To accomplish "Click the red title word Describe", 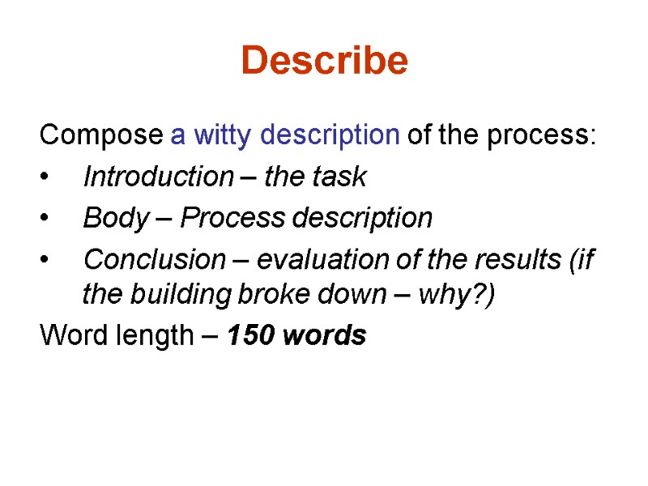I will tap(324, 61).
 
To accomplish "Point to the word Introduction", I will tap(158, 177).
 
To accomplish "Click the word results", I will tap(503, 260).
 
